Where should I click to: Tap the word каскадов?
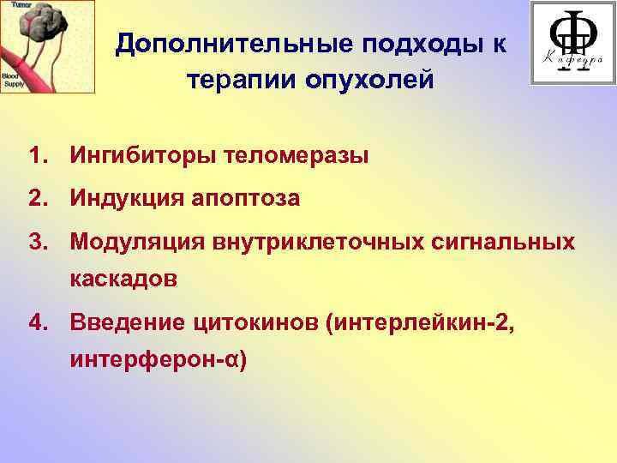point(123,280)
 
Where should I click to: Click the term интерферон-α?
point(159,361)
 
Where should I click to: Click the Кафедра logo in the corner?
point(572,42)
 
